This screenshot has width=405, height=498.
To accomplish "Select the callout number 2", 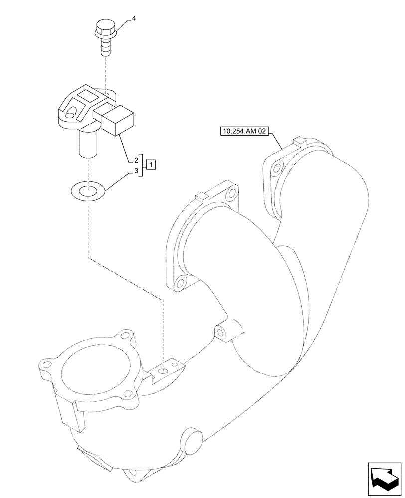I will (x=136, y=160).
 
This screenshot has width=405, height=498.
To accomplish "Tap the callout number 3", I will (x=136, y=171).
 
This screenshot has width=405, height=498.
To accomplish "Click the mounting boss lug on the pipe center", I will (x=221, y=332).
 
